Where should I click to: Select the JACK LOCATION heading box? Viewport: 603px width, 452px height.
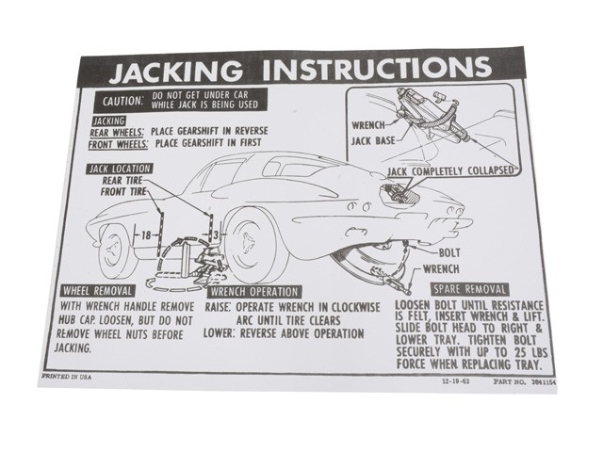[120, 169]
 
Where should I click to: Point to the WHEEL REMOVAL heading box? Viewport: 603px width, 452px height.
[97, 291]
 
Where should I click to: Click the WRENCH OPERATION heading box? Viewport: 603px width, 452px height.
[254, 292]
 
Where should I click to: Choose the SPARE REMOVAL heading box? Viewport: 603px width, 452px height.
[469, 289]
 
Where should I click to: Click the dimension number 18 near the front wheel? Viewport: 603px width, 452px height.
[146, 234]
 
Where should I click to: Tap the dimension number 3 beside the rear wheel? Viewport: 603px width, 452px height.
[216, 234]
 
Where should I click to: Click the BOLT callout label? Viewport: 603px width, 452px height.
[449, 253]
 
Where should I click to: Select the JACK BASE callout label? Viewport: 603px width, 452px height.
[373, 141]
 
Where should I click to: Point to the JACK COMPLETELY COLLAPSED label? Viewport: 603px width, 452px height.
[450, 171]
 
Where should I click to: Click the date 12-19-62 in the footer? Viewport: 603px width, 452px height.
[456, 382]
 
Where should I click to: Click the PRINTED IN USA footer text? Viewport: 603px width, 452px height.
[67, 377]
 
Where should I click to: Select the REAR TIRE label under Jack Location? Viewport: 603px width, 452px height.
[122, 180]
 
